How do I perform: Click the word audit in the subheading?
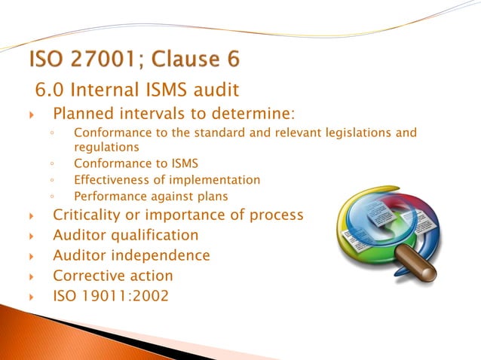(215, 91)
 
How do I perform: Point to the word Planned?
(84, 114)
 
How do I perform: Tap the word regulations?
(107, 147)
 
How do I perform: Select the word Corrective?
(88, 276)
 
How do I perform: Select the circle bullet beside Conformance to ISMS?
(51, 163)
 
